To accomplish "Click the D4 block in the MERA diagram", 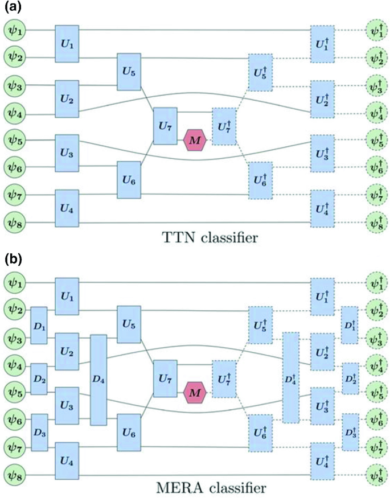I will pyautogui.click(x=98, y=380).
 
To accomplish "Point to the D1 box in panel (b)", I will pyautogui.click(x=39, y=325).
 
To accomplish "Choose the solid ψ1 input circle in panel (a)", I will pyautogui.click(x=13, y=30).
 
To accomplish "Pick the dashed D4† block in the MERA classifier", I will pyautogui.click(x=290, y=378).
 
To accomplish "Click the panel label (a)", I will pyautogui.click(x=13, y=8).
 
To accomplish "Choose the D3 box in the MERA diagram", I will pyautogui.click(x=39, y=432).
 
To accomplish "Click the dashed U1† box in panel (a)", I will pyautogui.click(x=322, y=43).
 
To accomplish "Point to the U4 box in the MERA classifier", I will pyautogui.click(x=67, y=459).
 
